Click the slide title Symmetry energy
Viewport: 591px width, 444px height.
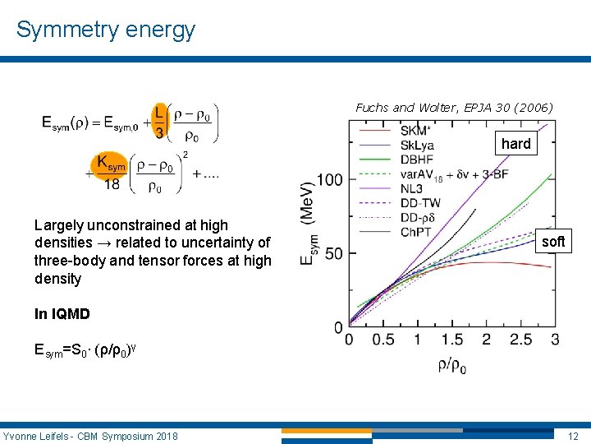click(x=106, y=30)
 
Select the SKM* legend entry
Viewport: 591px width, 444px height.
click(x=416, y=131)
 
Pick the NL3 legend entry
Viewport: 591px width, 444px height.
click(x=414, y=189)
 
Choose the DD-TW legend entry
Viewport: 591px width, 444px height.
click(x=422, y=203)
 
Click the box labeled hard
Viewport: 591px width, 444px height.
click(x=515, y=144)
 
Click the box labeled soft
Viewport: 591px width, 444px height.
click(x=553, y=242)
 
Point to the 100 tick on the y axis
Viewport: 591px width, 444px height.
click(x=329, y=179)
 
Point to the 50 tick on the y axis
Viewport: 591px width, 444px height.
click(x=333, y=253)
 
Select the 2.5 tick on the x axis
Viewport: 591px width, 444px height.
click(x=521, y=340)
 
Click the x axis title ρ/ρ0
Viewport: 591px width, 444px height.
click(x=452, y=366)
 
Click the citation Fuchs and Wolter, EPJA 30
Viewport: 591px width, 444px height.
click(x=454, y=108)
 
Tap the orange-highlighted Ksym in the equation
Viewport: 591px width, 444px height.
click(x=112, y=164)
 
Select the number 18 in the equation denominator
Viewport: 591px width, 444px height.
click(x=112, y=185)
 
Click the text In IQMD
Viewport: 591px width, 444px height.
click(x=62, y=314)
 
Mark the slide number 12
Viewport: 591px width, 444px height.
click(x=572, y=435)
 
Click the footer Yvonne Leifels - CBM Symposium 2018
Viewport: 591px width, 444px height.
click(x=90, y=435)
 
